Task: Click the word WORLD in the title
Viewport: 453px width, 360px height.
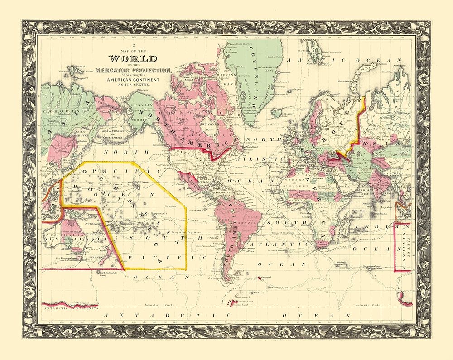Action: click(133, 59)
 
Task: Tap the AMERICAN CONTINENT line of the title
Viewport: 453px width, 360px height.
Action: click(133, 79)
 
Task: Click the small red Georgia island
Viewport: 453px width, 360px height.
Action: click(263, 278)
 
